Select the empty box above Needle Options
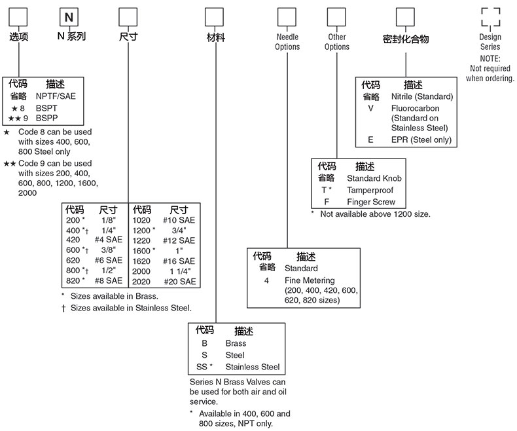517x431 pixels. coord(287,16)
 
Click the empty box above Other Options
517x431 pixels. coord(336,16)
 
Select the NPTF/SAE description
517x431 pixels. coord(55,96)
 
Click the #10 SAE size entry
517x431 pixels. coord(179,221)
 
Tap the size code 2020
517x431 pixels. coord(142,281)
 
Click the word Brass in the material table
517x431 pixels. coord(236,343)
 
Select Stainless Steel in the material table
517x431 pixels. coord(252,367)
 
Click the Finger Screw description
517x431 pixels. coord(371,202)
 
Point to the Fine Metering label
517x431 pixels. coord(309,280)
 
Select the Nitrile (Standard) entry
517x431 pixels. coord(421,96)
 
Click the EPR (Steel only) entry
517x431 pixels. coord(421,140)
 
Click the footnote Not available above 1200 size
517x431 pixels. coord(375,214)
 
